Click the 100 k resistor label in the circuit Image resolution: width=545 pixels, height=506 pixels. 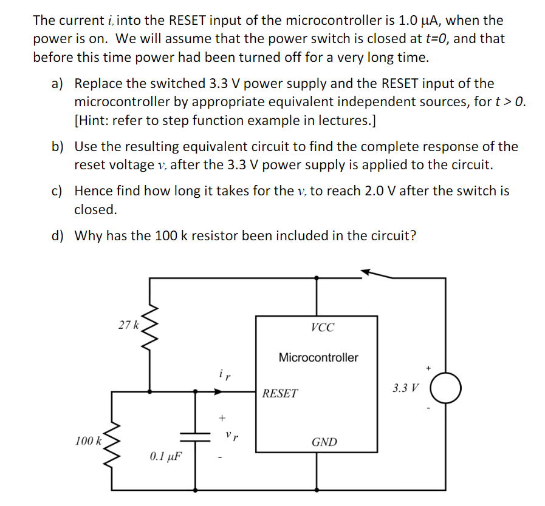pos(88,440)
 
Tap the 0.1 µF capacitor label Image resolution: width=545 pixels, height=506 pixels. pos(166,455)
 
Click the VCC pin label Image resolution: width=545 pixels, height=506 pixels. pos(322,328)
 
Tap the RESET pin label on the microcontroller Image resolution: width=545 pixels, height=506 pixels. pos(280,394)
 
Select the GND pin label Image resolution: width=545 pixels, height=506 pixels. pos(324,442)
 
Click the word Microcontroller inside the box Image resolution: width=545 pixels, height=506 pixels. pos(318,357)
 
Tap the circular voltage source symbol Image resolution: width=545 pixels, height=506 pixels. pos(447,388)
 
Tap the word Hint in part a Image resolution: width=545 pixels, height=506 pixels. pos(92,121)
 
